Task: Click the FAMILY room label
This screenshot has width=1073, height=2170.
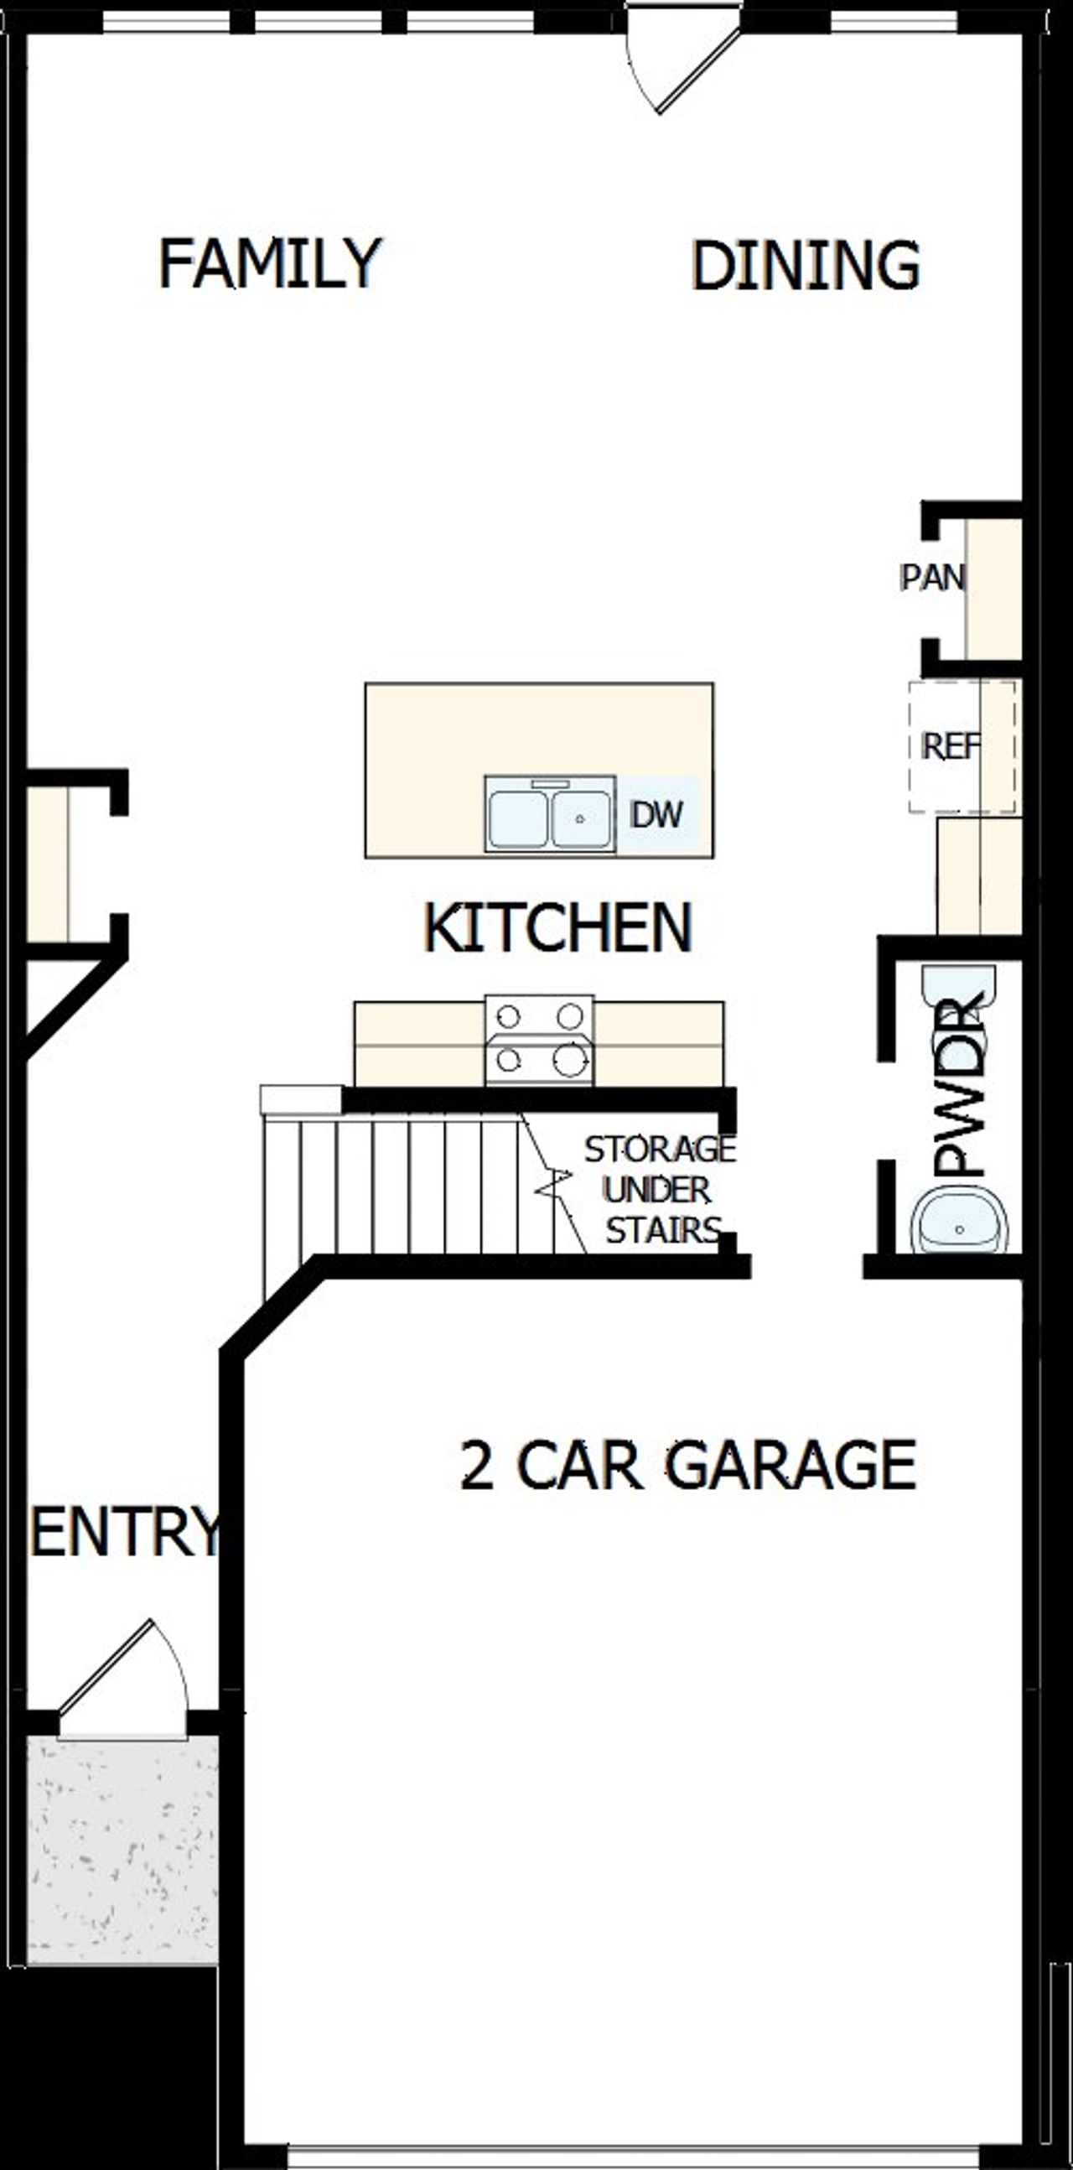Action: (270, 263)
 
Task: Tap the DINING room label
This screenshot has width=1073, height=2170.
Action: (806, 265)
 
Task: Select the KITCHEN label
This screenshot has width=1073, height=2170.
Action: (557, 927)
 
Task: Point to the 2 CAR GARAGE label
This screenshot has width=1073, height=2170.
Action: (687, 1467)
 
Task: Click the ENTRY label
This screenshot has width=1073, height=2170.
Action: (125, 1530)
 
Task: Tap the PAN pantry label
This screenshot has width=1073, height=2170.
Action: (932, 578)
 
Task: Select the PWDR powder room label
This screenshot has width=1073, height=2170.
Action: (961, 1087)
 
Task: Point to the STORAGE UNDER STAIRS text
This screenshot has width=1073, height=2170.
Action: (661, 1190)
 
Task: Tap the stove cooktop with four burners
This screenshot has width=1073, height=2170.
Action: (539, 1041)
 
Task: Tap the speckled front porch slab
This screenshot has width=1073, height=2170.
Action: (122, 1849)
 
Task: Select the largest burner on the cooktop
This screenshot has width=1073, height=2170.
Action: (569, 1061)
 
